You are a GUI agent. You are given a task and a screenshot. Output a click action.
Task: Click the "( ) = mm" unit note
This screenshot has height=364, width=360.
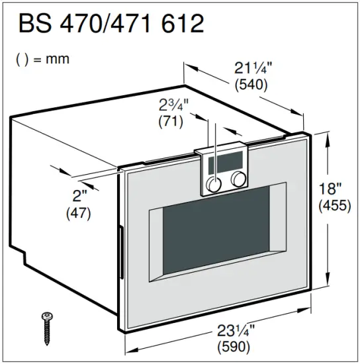pyautogui.click(x=42, y=59)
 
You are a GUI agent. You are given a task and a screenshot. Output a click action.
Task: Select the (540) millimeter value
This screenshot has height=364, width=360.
pyautogui.click(x=251, y=85)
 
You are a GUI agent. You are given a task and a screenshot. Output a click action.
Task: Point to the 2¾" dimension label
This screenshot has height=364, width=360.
pyautogui.click(x=174, y=105)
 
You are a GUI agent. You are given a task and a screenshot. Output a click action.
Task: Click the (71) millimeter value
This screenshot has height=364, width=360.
pyautogui.click(x=171, y=121)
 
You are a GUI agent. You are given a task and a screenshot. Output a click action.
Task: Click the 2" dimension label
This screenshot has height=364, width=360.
pyautogui.click(x=80, y=197)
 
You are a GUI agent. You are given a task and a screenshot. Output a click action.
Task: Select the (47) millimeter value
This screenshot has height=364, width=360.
pyautogui.click(x=79, y=213)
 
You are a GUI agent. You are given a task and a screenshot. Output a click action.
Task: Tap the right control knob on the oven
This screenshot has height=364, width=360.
pyautogui.click(x=238, y=179)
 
